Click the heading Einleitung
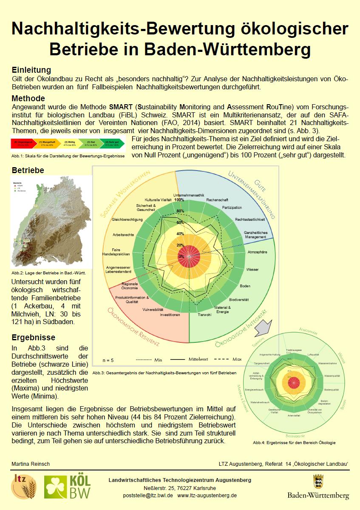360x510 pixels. [x=31, y=70]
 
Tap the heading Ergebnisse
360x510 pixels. [x=33, y=338]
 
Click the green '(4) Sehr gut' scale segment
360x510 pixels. [x=111, y=143]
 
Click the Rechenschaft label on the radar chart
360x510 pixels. [x=217, y=199]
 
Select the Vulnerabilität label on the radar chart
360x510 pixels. [x=153, y=309]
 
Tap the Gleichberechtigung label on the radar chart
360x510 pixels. [x=127, y=219]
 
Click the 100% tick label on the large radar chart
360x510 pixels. [x=179, y=200]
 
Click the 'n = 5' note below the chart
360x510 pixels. [x=108, y=360]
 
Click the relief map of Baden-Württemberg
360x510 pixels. [x=50, y=222]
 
